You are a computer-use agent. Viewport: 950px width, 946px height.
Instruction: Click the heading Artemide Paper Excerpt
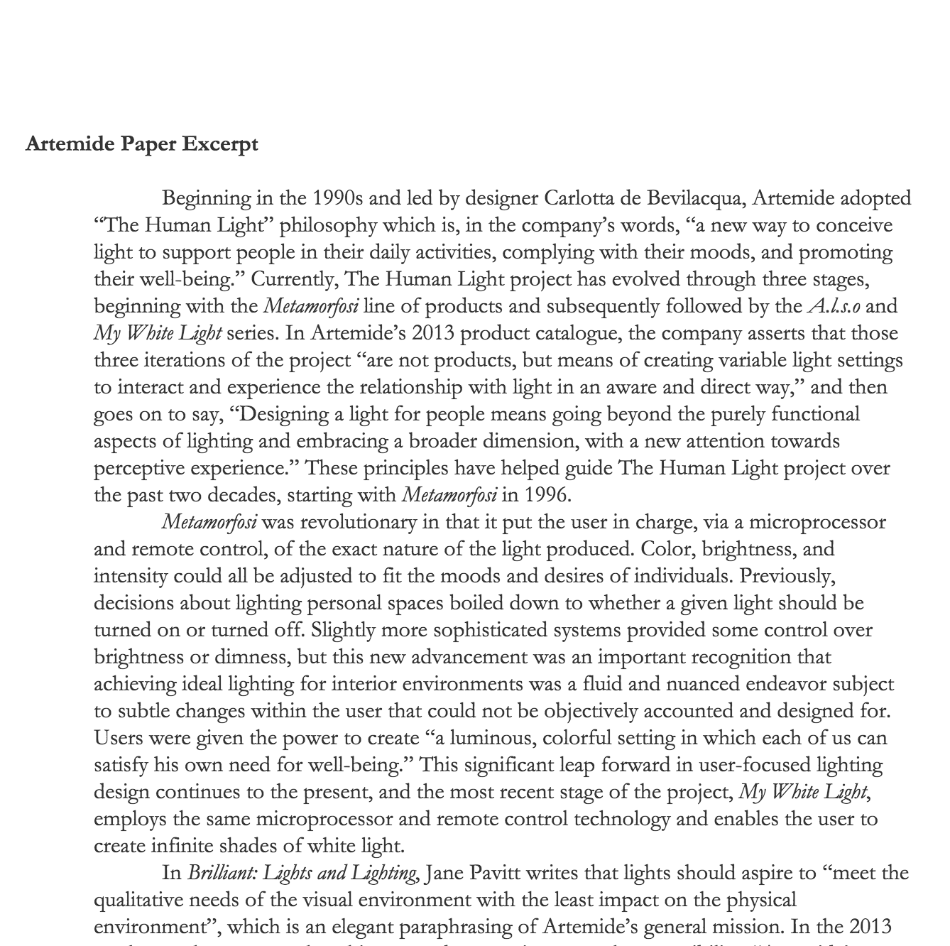(142, 144)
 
